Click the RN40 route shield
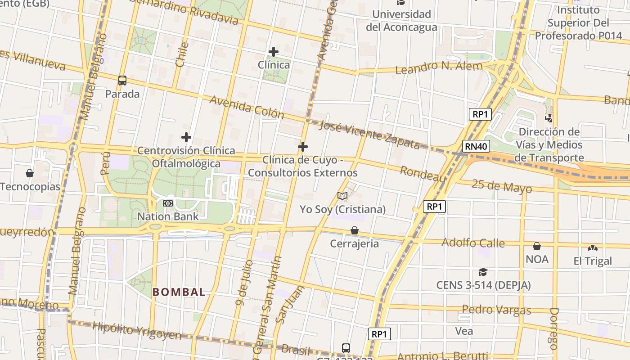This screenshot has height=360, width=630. point(476,146)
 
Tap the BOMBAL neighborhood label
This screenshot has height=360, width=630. point(179,292)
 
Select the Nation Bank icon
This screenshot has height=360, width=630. point(168,203)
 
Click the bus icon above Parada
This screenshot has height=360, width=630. point(122,81)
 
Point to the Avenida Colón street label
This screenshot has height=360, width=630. point(247,107)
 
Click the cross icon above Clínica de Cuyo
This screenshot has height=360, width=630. point(303,146)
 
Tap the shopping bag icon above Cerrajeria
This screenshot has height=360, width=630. point(355,230)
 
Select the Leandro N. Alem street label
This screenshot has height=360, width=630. point(439,67)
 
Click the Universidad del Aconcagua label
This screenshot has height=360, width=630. point(401,21)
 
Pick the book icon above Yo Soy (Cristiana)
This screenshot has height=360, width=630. point(342,196)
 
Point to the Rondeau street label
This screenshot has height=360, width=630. point(423,174)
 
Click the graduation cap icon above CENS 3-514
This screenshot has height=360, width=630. point(483,272)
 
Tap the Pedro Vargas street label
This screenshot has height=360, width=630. point(496,310)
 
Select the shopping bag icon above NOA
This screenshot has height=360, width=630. point(537,246)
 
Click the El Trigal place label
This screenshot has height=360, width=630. point(593,261)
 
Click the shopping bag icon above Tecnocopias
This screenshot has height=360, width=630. point(30,173)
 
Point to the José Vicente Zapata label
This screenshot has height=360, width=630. point(369,134)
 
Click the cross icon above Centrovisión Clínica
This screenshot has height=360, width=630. point(186,137)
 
